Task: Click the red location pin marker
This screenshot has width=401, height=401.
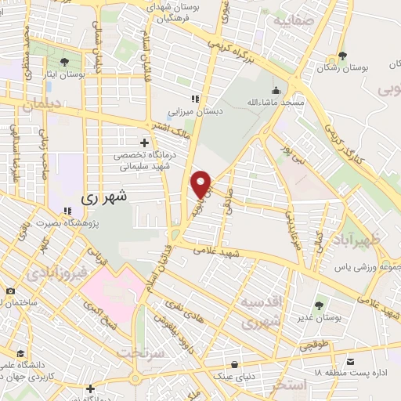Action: [201, 184]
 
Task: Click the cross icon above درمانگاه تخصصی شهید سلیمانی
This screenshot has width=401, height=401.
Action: [144, 142]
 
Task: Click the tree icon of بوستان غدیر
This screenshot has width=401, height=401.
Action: [318, 305]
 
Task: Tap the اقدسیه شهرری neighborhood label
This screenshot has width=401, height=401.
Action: [259, 312]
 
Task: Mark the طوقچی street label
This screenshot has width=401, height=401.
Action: [312, 343]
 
